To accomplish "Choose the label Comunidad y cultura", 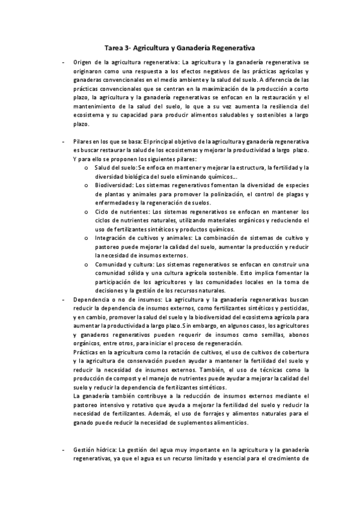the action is pos(124,264).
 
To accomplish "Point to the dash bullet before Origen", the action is pos(63,62).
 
